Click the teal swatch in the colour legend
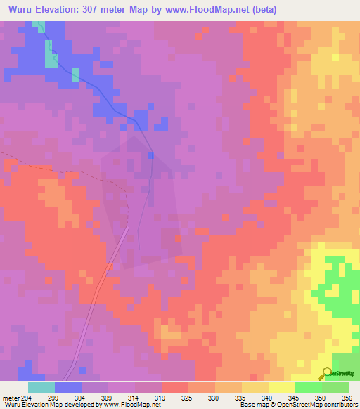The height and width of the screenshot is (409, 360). click(x=41, y=387)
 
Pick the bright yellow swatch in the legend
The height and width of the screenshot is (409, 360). click(x=281, y=387)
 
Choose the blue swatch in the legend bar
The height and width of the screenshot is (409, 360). click(x=67, y=387)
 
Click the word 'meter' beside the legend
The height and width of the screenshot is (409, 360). click(x=11, y=398)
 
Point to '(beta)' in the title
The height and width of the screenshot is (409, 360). click(x=264, y=9)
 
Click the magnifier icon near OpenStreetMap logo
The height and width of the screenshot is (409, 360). click(x=327, y=373)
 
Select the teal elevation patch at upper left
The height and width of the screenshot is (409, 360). click(x=51, y=54)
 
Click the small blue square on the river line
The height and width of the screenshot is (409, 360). click(x=150, y=155)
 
